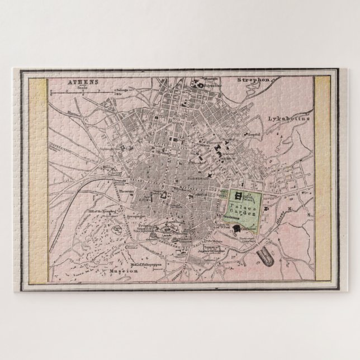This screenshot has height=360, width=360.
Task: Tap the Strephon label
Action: (253, 80)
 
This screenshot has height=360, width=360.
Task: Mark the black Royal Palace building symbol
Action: (239, 196)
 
